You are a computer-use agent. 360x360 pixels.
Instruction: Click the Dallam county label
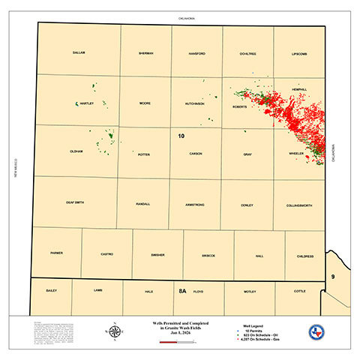tap(79, 52)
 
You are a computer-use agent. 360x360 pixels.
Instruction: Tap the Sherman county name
tap(146, 53)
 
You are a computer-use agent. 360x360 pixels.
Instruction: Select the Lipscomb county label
tap(300, 54)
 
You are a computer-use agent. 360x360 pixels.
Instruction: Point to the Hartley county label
tap(86, 103)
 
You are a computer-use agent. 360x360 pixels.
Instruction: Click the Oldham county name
tap(75, 151)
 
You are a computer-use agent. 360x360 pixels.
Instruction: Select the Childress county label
tap(304, 255)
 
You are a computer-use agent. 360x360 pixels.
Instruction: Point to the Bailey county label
tap(51, 289)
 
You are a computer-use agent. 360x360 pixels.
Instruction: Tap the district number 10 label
tap(181, 136)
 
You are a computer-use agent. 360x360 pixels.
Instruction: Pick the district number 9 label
tap(332, 277)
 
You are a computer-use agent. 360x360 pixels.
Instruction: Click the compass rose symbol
tap(115, 331)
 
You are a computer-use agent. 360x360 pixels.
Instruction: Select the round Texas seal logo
tap(316, 333)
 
